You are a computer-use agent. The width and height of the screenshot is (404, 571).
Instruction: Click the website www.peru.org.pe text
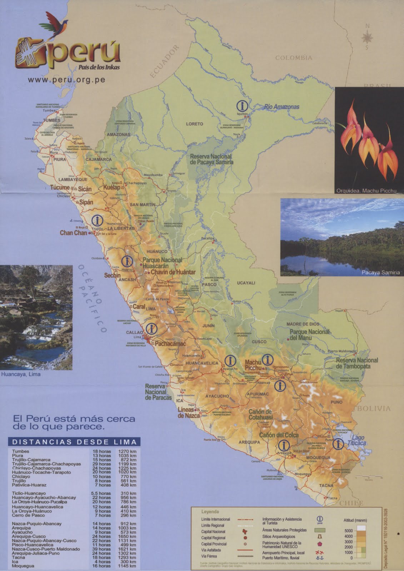click(66, 80)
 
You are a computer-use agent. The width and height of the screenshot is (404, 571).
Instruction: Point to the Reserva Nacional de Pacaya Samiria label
click(211, 159)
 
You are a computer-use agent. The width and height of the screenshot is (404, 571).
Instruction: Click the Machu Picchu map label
click(254, 365)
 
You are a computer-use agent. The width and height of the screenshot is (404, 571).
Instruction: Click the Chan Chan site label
click(73, 233)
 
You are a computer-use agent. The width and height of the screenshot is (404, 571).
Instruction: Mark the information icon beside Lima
click(152, 328)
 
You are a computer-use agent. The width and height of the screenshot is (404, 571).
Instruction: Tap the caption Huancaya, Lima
click(21, 375)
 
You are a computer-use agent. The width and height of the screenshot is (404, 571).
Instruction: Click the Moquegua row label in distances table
click(23, 566)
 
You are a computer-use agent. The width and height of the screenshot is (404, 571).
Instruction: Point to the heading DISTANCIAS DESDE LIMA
click(74, 442)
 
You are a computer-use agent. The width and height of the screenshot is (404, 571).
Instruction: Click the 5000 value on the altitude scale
click(349, 531)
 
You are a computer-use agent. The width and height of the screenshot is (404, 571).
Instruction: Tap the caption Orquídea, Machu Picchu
click(366, 191)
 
